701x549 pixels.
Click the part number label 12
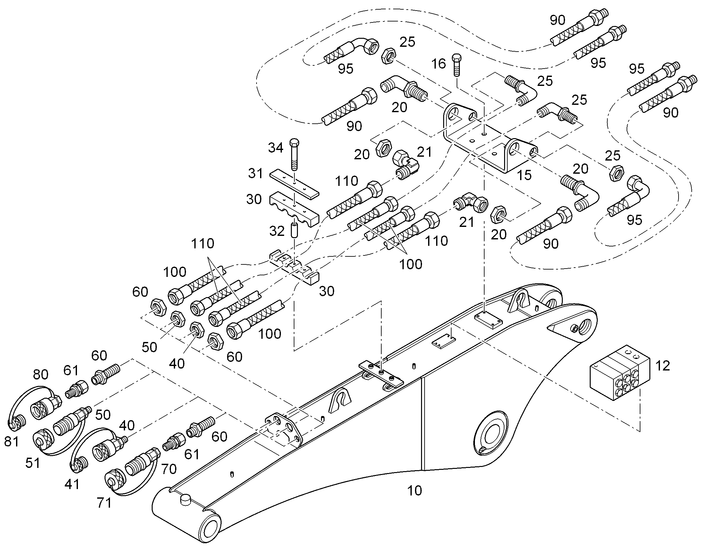tap(663, 366)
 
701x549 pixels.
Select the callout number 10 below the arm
tap(414, 491)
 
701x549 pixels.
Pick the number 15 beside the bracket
tap(524, 175)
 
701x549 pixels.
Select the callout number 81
tap(12, 442)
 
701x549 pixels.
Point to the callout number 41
tap(72, 484)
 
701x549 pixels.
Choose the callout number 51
tap(33, 463)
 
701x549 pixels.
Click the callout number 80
tap(40, 374)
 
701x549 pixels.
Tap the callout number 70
tap(169, 469)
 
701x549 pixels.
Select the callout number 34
tap(275, 148)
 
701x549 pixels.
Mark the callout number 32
tap(277, 231)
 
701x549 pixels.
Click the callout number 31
tap(256, 173)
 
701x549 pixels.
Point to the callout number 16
tap(438, 64)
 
